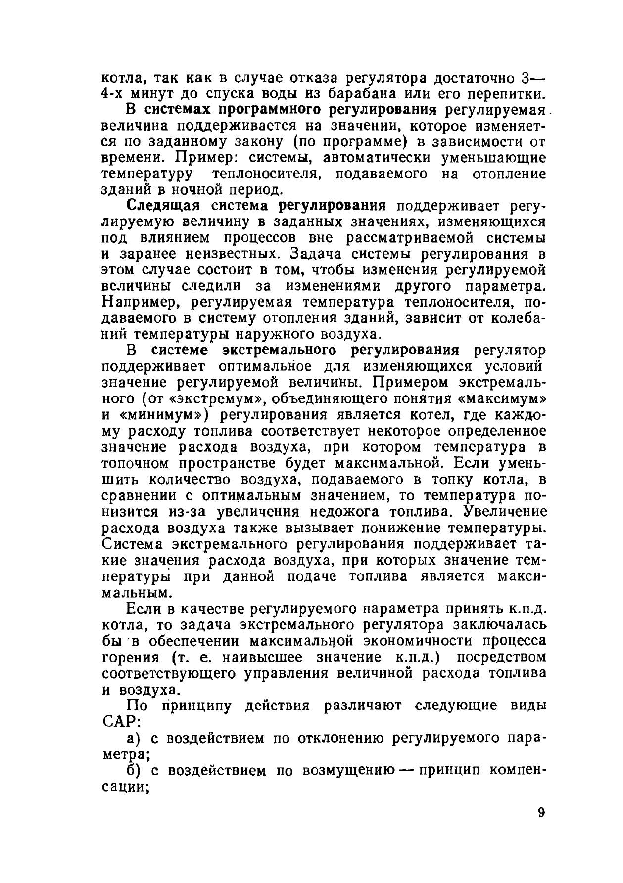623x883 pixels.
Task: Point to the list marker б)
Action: point(135,771)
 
